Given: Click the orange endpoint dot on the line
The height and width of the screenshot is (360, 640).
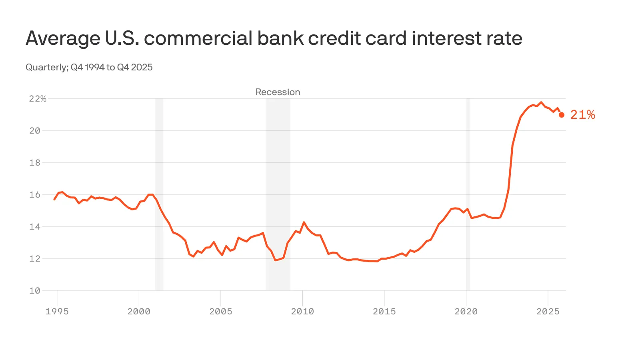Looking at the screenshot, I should point(562,115).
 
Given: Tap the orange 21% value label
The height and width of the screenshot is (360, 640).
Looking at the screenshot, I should point(582,115).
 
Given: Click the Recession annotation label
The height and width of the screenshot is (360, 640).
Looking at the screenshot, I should point(278,92).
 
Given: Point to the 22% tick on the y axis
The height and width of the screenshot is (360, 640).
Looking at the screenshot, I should point(38,99).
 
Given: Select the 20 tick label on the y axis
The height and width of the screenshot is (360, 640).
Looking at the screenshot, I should point(35,131).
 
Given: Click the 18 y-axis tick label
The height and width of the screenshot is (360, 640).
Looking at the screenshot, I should point(35,163).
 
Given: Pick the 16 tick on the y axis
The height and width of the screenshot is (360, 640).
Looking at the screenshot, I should point(35,195).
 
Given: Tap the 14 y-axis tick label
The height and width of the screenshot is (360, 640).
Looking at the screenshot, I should point(35,227).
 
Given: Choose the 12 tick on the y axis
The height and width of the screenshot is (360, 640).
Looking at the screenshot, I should point(35,259).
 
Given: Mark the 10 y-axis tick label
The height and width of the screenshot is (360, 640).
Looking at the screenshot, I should point(35,291).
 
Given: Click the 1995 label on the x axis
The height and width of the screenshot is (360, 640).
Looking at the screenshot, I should point(57,312).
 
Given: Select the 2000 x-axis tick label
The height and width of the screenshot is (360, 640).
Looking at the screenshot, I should point(139,312).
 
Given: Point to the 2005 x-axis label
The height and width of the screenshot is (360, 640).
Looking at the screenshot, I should point(221,312).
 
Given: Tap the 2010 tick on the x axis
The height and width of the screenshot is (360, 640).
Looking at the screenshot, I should point(302,312).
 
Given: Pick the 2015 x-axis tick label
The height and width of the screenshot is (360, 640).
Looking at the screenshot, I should point(384,312).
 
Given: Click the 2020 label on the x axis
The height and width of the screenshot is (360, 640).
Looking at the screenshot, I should point(466,312).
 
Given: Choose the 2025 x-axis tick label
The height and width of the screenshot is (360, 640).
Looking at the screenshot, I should point(548,312).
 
